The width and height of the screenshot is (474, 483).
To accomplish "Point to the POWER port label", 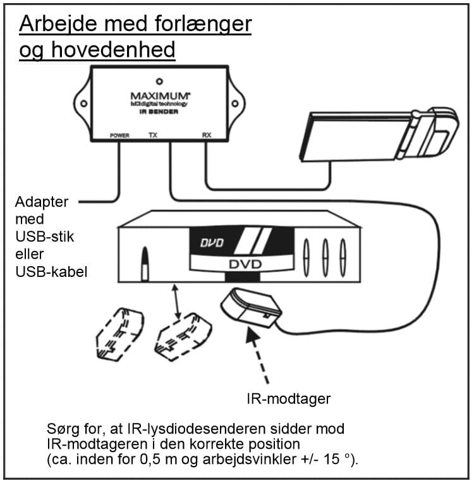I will tap(119, 135).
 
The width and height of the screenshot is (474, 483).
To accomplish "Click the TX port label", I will tap(152, 135).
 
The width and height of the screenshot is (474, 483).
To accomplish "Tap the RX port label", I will tap(206, 135).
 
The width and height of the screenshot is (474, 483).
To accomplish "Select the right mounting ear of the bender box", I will tap(236, 101).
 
